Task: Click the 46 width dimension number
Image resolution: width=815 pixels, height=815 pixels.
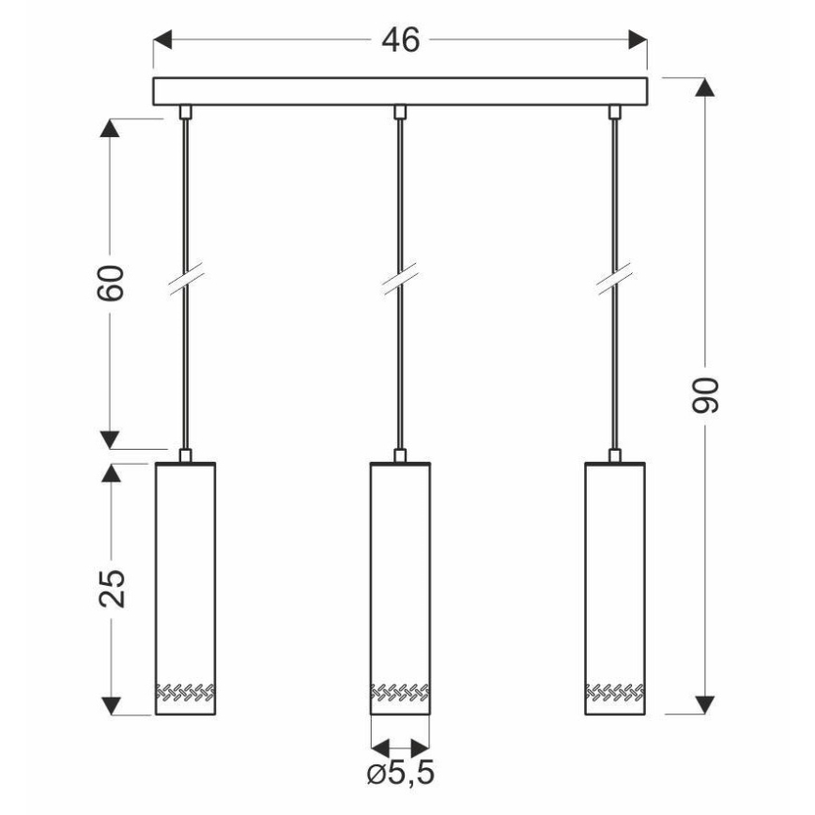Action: [x=400, y=40]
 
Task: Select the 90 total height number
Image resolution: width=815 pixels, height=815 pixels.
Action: [x=706, y=395]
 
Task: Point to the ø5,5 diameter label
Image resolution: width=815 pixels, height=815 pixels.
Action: [x=401, y=776]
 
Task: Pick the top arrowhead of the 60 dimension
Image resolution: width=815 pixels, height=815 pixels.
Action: [x=111, y=131]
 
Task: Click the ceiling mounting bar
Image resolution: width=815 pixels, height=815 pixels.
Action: [x=400, y=91]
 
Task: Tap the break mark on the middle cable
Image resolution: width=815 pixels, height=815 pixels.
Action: [x=400, y=282]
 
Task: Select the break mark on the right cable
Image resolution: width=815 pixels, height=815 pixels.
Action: [x=616, y=282]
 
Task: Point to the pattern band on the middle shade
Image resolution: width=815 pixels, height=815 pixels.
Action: [x=401, y=694]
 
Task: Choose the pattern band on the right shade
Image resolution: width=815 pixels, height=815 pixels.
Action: [x=616, y=694]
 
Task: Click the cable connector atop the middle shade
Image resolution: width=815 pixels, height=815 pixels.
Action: [x=401, y=456]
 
